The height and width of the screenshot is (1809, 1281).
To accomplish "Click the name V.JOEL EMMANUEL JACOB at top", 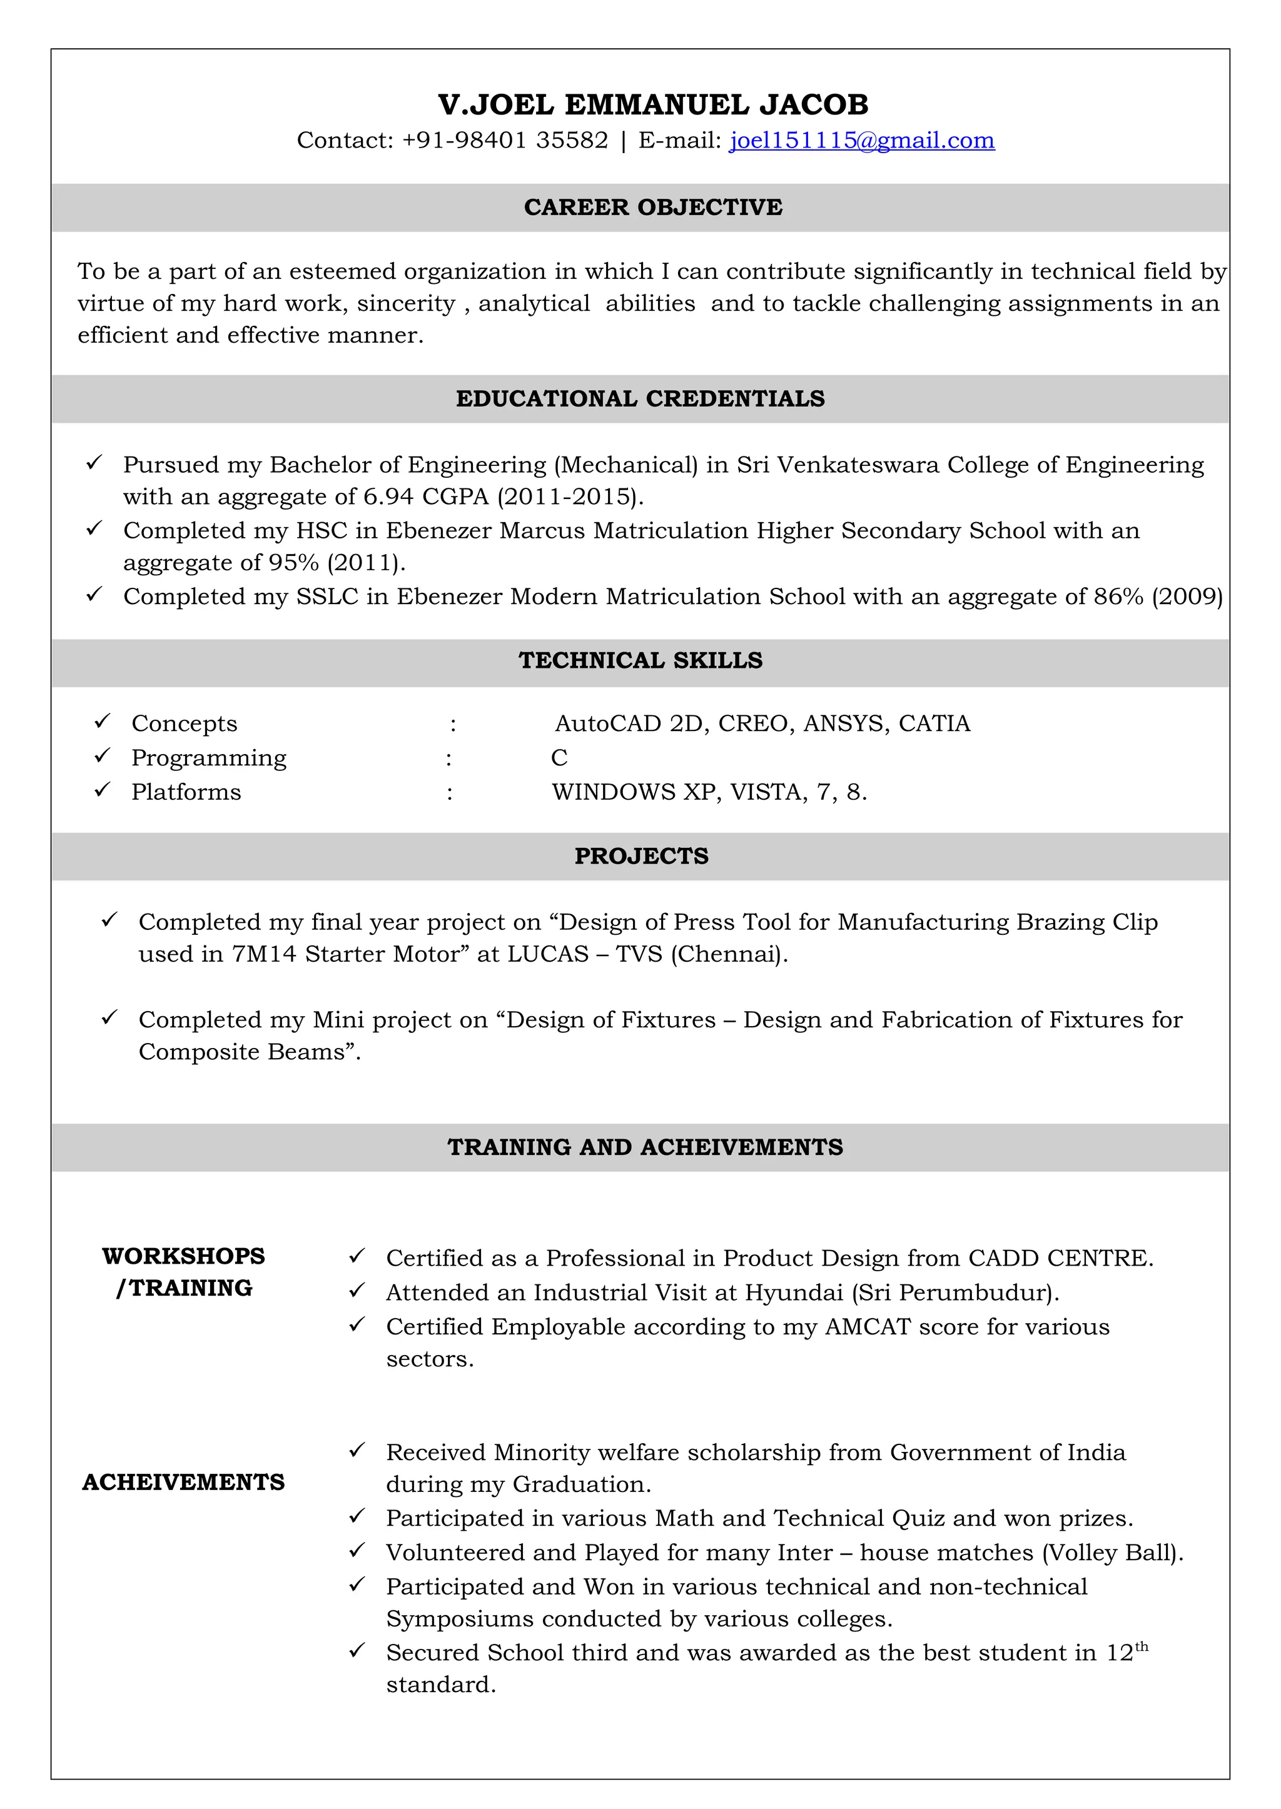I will click(653, 104).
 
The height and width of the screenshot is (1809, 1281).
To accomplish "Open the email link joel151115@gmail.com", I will click(861, 140).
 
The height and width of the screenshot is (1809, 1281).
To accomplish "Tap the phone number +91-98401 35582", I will click(505, 140).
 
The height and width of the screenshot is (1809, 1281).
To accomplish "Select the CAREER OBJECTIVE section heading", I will click(653, 208).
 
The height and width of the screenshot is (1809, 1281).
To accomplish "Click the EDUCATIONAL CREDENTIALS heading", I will click(640, 399).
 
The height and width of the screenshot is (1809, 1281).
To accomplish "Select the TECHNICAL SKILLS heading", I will click(640, 661).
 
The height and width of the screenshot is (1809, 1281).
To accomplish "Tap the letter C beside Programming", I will click(559, 758).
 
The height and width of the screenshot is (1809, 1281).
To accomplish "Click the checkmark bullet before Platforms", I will click(102, 790).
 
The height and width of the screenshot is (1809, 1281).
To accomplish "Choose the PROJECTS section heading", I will click(640, 857).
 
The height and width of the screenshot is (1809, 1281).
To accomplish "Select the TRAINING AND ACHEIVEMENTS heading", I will click(646, 1147).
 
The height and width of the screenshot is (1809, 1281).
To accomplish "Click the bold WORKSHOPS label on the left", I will click(184, 1257).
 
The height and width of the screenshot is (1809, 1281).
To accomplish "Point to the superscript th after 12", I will click(1142, 1646).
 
